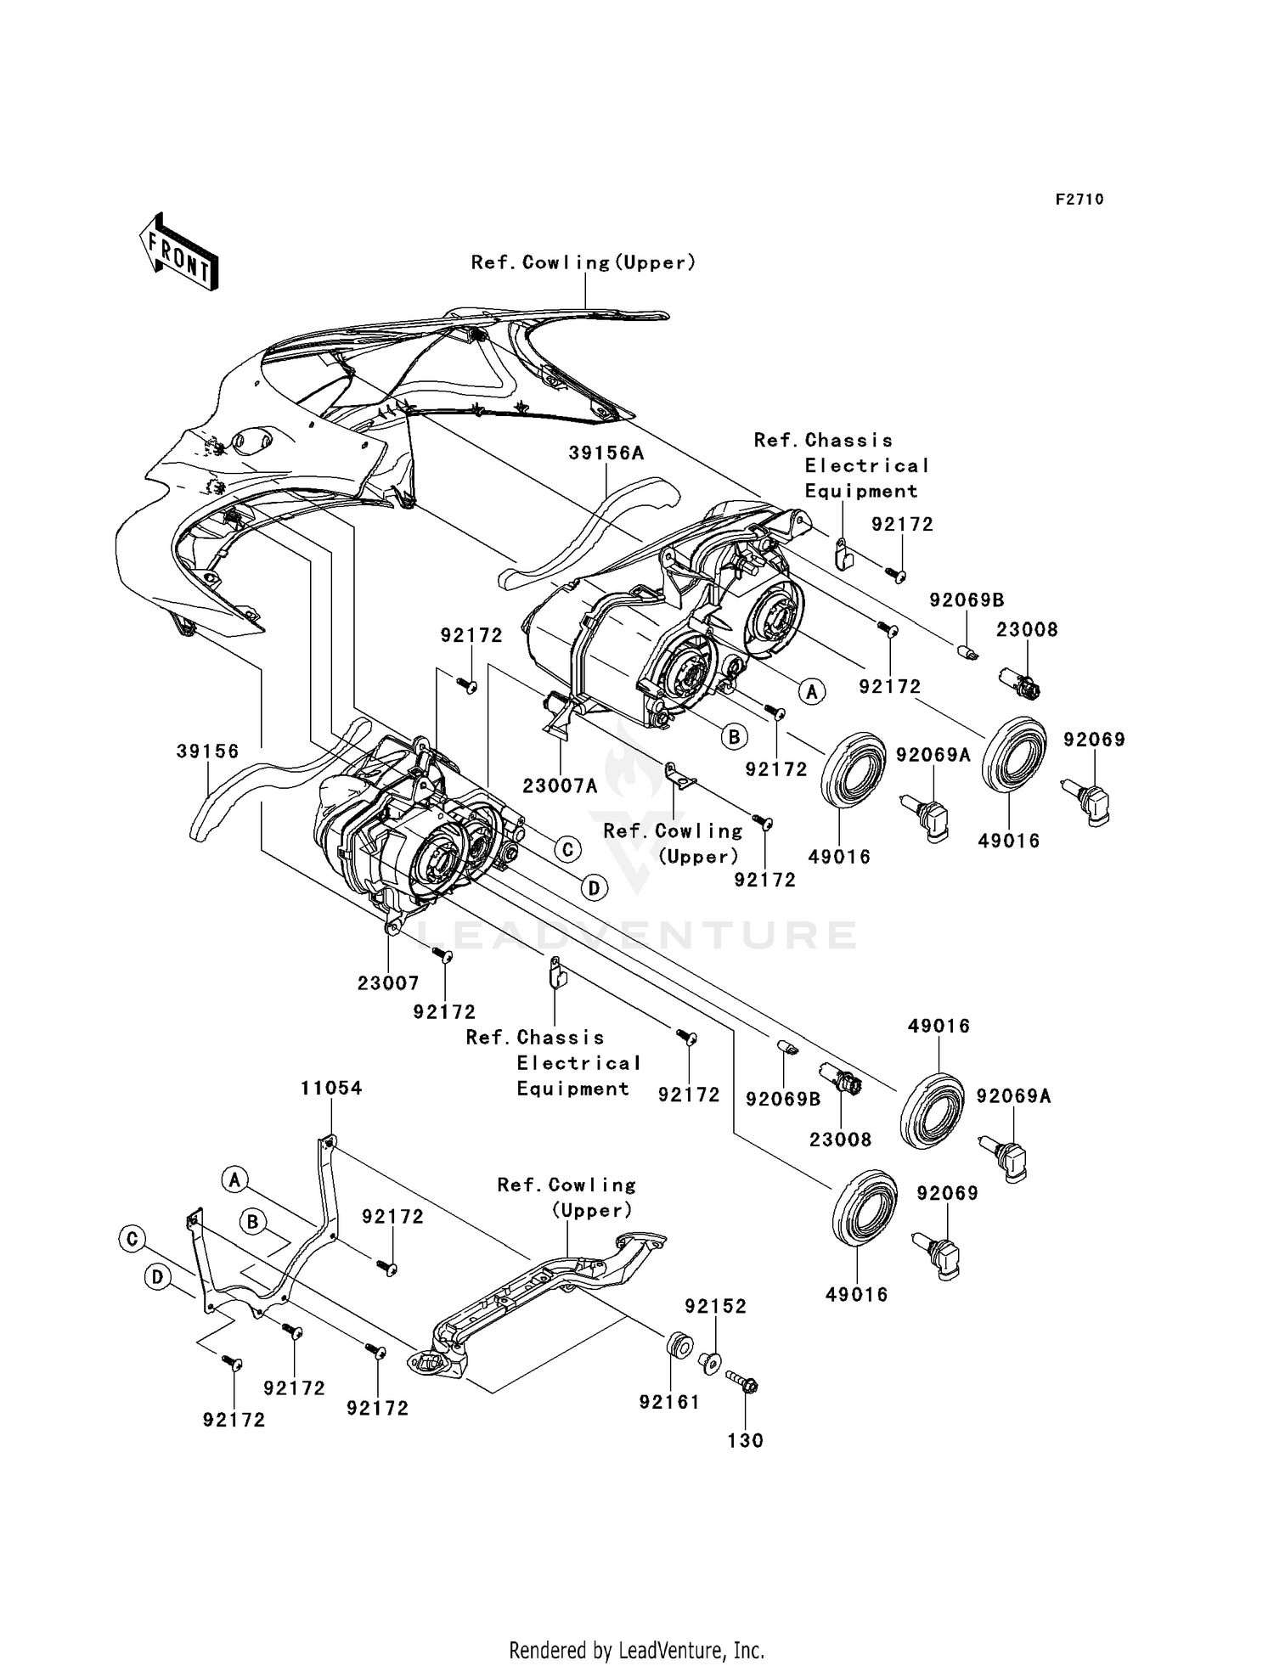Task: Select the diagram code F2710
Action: point(1080,200)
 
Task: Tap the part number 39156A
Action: point(606,453)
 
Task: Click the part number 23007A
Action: point(560,786)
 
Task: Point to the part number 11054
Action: point(331,1088)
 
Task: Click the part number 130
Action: point(746,1440)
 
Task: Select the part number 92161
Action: point(669,1402)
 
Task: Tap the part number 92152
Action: point(716,1306)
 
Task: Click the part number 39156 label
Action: point(208,751)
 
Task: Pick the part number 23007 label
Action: point(388,983)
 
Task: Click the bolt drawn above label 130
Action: point(743,1382)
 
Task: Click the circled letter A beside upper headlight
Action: point(813,691)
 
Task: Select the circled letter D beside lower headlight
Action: point(594,888)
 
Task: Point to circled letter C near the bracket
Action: point(132,1239)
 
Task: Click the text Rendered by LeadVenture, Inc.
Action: point(636,1650)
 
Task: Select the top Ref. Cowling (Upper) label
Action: point(583,263)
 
